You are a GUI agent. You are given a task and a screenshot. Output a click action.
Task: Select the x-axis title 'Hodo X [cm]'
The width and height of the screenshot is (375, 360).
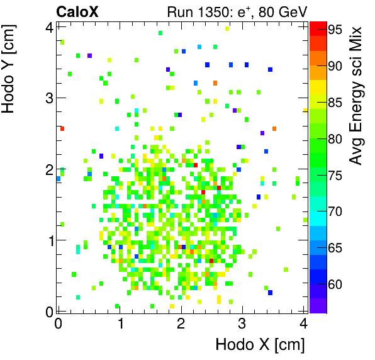coord(260,345)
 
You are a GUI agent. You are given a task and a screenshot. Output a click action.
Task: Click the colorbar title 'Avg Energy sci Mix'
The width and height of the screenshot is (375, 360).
coord(357,94)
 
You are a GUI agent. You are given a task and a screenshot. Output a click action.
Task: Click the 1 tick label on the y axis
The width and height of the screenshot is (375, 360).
coord(48,240)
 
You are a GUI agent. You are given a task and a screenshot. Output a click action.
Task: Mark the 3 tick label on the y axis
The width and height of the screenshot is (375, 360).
coord(48,98)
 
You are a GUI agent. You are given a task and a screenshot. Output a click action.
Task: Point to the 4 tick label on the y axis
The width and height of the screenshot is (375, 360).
coord(48,27)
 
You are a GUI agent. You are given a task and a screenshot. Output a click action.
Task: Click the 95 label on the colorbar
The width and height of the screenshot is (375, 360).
coord(335,29)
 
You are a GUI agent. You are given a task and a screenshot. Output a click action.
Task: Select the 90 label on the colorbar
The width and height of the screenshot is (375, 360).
coord(335,65)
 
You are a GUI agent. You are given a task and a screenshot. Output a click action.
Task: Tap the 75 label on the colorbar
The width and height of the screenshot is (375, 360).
coord(335,176)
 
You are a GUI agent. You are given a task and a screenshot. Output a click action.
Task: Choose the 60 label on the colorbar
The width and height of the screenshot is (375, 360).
coord(335,285)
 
